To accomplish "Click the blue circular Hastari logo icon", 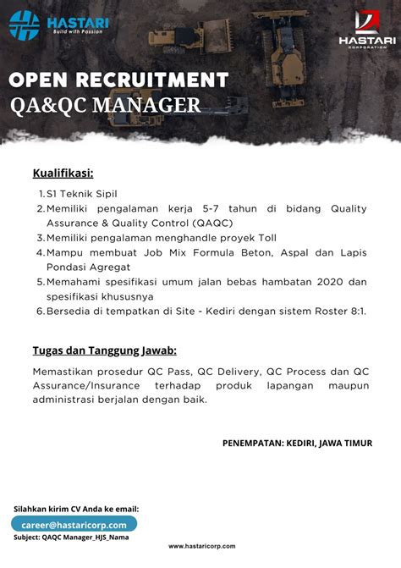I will (25, 25).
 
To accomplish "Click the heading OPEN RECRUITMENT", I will (118, 80).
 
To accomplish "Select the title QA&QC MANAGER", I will (105, 105).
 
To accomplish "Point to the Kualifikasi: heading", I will (63, 174).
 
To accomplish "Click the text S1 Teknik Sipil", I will (83, 194).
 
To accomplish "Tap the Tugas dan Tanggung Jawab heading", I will (104, 350).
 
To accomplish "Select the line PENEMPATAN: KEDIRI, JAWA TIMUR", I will (297, 443).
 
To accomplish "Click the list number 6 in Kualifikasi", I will (40, 311).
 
